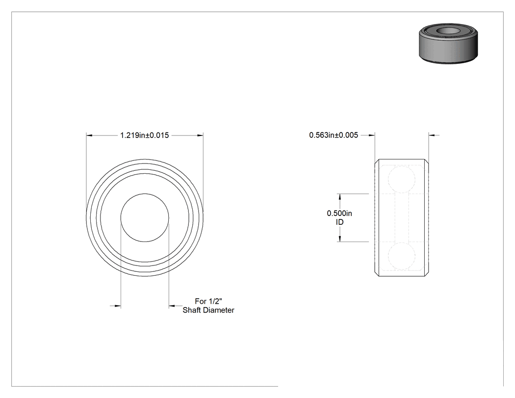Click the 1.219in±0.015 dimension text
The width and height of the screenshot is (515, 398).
[145, 135]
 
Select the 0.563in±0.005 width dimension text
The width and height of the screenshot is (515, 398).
[334, 135]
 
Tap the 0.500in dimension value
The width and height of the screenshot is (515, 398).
[339, 213]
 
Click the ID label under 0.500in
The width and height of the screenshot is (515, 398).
[339, 222]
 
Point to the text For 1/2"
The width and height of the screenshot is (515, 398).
[208, 301]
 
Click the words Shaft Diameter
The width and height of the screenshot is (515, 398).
[208, 310]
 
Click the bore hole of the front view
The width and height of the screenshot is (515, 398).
[145, 217]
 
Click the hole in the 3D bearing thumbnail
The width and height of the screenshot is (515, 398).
[448, 31]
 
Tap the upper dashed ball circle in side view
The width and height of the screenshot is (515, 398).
[402, 179]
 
